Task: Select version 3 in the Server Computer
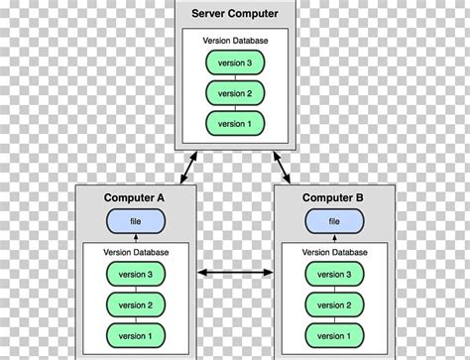[234, 62]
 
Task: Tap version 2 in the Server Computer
[234, 92]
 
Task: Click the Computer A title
[135, 198]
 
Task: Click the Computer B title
[334, 198]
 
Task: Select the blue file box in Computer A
[135, 220]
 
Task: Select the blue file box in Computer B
[334, 220]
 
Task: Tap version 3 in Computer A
[135, 275]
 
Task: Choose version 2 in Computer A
[135, 305]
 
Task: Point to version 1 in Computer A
[135, 337]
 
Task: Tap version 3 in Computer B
[334, 275]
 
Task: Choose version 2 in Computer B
[334, 305]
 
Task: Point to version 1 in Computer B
[334, 337]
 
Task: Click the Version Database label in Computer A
[135, 253]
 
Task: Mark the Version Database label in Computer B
[334, 253]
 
